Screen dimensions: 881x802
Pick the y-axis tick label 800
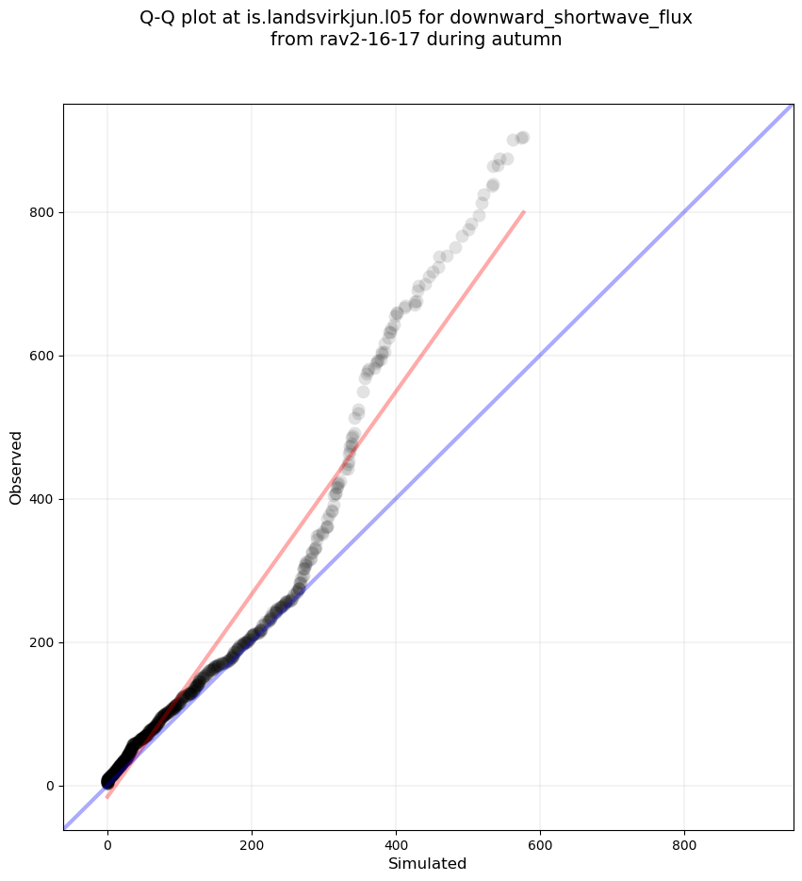pos(41,212)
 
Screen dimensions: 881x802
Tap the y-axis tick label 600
pos(41,356)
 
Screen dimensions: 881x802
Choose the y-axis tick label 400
pos(41,499)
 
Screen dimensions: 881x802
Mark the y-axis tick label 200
pos(41,642)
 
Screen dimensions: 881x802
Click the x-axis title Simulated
pos(427,864)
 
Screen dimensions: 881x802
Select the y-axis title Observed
pos(16,467)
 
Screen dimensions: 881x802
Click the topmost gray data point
pos(522,138)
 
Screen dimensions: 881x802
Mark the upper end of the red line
pos(524,212)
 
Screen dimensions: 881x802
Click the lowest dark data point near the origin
pos(108,783)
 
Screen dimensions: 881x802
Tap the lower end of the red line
pos(107,798)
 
